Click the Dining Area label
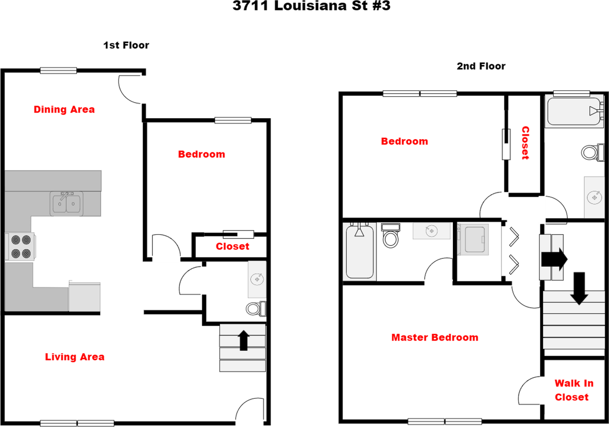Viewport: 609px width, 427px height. (64, 109)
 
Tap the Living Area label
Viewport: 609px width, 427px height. (75, 357)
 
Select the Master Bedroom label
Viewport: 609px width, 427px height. (435, 337)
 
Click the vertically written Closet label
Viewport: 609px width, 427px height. (525, 142)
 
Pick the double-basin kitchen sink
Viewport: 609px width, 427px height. (66, 203)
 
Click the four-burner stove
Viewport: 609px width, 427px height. (21, 247)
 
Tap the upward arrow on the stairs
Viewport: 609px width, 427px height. (244, 341)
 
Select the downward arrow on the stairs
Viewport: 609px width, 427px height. (579, 298)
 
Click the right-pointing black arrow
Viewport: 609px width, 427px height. (552, 258)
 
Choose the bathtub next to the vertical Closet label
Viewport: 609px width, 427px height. (573, 111)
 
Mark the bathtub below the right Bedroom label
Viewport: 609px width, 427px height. (359, 252)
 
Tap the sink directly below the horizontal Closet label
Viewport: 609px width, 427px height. (256, 279)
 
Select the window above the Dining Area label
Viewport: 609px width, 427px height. (58, 70)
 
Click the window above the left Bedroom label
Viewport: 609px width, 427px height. (233, 120)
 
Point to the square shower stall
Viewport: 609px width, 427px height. (473, 239)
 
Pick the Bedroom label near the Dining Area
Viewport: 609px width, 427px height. (201, 154)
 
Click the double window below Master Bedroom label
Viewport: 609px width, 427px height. (444, 421)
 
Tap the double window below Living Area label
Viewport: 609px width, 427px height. (77, 423)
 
